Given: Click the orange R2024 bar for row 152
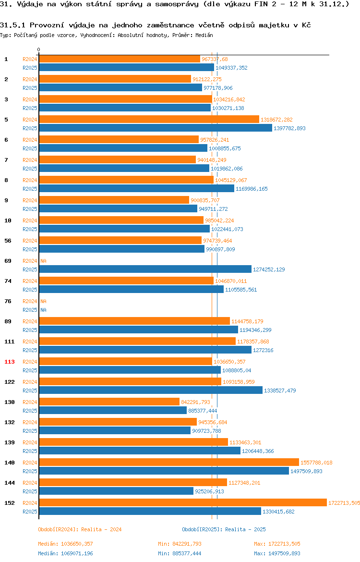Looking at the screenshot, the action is [183, 502].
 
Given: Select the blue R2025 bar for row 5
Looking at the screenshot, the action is [156, 128].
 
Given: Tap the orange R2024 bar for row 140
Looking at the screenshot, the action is [168, 463].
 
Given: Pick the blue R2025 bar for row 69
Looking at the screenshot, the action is [145, 269].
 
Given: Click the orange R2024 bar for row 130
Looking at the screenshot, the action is [109, 402].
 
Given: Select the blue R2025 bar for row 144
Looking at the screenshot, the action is [116, 491].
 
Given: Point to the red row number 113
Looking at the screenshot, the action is [9, 362].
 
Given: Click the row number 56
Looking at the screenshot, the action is [8, 241].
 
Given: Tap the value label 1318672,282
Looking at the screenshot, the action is [276, 120].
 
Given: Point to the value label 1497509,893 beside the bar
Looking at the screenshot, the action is [306, 471].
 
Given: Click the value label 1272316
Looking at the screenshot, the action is [263, 350].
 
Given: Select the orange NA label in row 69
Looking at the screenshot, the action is [43, 261].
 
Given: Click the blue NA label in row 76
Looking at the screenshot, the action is [43, 310].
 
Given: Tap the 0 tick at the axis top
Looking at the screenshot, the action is [39, 49].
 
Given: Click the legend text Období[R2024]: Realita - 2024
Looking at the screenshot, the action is [80, 529].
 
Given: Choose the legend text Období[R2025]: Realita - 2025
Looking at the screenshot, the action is [224, 529].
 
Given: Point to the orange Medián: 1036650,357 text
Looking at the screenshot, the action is [66, 544].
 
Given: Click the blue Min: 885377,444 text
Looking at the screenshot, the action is [180, 553].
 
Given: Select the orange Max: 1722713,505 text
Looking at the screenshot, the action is [277, 544].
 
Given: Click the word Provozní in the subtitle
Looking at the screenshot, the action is [47, 25].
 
